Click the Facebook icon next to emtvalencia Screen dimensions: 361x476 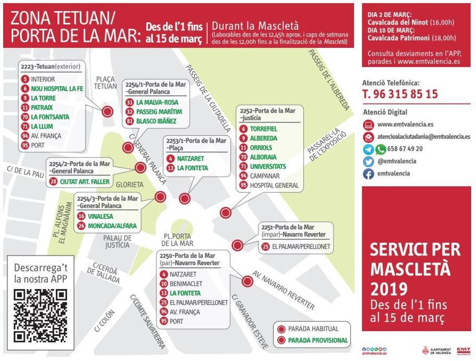point(369,174)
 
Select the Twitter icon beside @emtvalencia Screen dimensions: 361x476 point(369,161)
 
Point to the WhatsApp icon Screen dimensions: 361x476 point(381,149)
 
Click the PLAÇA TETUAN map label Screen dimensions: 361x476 point(106,83)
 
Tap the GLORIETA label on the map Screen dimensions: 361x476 point(129,185)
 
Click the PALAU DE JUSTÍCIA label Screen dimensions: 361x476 point(117,241)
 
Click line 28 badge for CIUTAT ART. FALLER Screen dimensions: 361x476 point(53,182)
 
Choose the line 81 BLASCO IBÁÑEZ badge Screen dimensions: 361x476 point(129,121)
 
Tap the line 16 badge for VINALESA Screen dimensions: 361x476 point(81,216)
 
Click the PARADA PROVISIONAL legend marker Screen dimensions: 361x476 point(282,340)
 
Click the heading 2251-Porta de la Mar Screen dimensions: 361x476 point(293,227)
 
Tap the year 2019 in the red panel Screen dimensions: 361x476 point(389,289)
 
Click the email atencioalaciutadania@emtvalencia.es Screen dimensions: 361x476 point(424,136)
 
